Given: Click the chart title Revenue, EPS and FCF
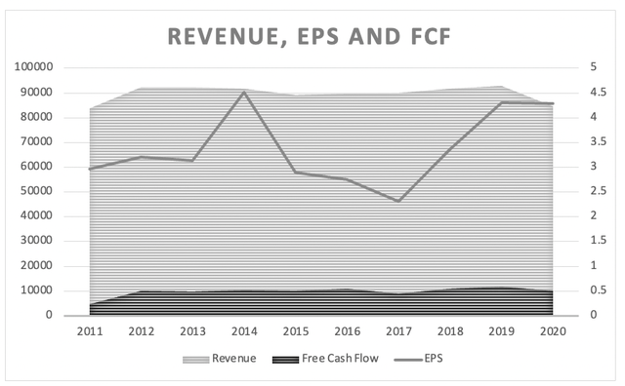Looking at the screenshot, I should pos(312,36).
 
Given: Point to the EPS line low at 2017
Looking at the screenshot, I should pos(398,201).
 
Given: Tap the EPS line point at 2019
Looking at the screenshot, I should pos(502,102).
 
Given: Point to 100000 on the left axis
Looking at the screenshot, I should pos(34,68).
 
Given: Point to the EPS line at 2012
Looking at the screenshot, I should pos(142,157).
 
